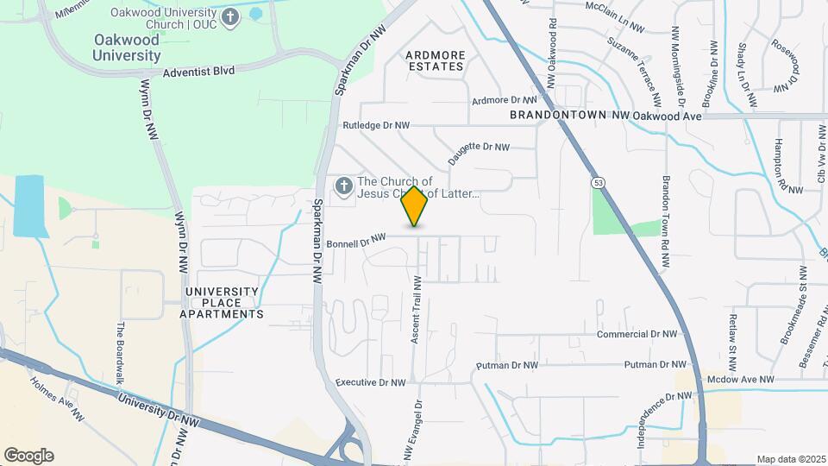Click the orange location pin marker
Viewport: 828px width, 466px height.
pos(415,206)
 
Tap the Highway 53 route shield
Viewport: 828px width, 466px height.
pos(597,182)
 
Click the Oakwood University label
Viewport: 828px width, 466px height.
pos(127,48)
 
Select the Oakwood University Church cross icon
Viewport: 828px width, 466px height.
pos(229,17)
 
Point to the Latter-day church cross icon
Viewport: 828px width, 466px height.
pos(343,186)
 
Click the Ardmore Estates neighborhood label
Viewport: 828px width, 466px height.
pos(436,60)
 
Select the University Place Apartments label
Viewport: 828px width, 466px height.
pos(222,303)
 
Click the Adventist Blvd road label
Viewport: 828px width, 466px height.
pos(198,72)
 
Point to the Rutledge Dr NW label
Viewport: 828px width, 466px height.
pos(375,125)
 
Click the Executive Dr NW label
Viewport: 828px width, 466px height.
pos(370,382)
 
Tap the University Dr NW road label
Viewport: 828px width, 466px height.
pos(160,412)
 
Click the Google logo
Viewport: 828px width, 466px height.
pos(28,456)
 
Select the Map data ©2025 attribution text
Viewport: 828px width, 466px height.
pos(791,459)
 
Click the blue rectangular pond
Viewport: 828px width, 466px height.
pos(28,206)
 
